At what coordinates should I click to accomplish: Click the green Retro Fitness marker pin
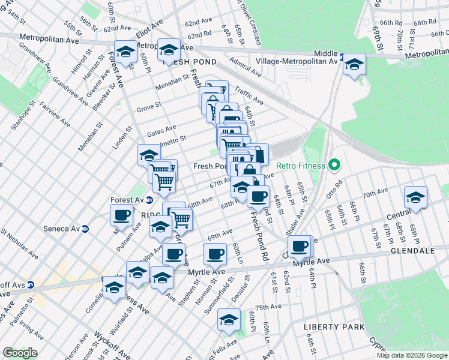click(336, 166)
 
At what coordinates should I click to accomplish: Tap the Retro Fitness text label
click(301, 166)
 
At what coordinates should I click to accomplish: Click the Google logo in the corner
click(20, 353)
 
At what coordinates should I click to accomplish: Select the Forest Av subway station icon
click(149, 200)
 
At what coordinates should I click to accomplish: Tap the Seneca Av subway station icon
click(85, 229)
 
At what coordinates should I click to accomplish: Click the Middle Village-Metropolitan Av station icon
click(342, 58)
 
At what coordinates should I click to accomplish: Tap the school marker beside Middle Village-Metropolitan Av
click(355, 63)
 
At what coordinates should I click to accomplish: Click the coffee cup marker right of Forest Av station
click(122, 214)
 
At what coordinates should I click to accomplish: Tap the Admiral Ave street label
click(247, 71)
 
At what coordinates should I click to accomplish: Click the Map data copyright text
click(411, 355)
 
